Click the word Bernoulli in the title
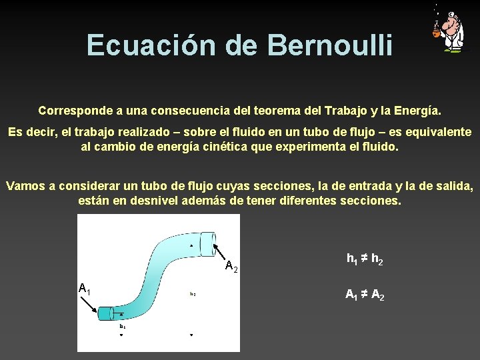point(330,45)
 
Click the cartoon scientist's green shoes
point(454,51)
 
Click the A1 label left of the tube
point(85,289)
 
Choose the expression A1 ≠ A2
point(364,294)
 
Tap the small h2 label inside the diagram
point(192,293)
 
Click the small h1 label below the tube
point(122,327)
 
